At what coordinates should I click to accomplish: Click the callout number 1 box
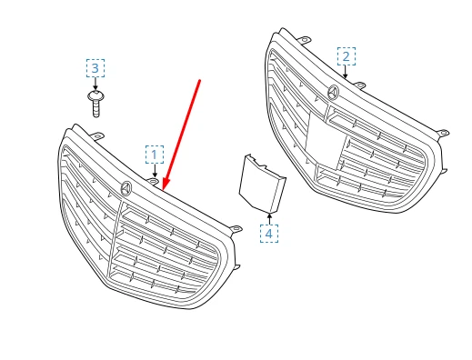[x=155, y=155]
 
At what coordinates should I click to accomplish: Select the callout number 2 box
[x=346, y=56]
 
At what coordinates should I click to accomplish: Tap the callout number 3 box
[x=95, y=68]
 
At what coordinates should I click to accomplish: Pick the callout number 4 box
[x=269, y=234]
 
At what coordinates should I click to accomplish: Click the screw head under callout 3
[x=95, y=95]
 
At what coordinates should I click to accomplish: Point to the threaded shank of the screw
[x=96, y=109]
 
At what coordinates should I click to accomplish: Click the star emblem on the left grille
[x=126, y=188]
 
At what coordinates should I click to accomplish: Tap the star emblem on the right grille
[x=333, y=92]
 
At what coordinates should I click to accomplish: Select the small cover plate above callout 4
[x=262, y=183]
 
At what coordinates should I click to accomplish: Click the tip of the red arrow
[x=163, y=191]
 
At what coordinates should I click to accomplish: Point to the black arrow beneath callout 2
[x=346, y=72]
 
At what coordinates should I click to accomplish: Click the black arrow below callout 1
[x=155, y=171]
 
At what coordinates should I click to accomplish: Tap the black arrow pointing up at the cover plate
[x=269, y=219]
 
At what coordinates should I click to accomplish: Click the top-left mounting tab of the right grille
[x=304, y=40]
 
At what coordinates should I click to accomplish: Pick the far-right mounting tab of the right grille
[x=443, y=133]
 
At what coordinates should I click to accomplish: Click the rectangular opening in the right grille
[x=325, y=140]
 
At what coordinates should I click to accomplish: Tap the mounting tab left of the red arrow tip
[x=154, y=181]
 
